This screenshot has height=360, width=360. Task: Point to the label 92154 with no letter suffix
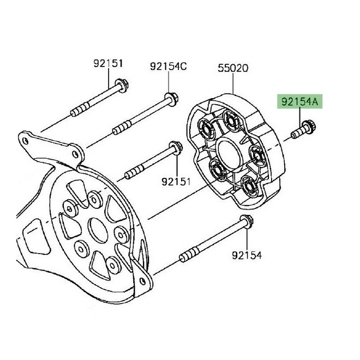[246, 254]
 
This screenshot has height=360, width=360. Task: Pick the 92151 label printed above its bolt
[109, 63]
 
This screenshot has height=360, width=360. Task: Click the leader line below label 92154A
[302, 117]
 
